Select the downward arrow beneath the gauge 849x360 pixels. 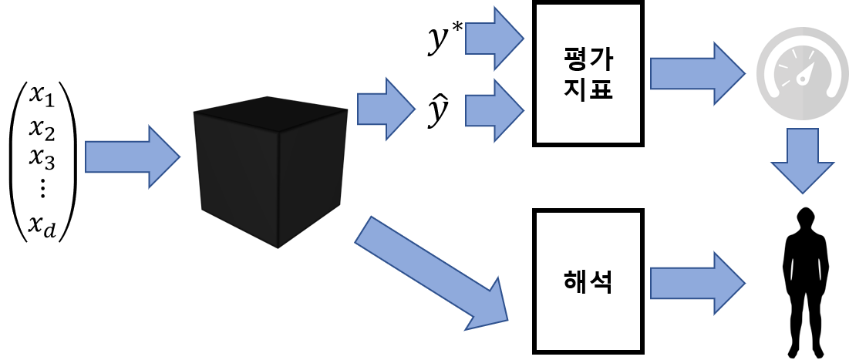pos(803,160)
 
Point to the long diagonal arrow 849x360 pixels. pos(432,274)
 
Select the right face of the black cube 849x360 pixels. pos(311,177)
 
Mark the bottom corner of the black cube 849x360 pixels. pos(278,247)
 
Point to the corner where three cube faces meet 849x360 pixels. pos(278,132)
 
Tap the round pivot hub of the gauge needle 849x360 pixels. pos(802,80)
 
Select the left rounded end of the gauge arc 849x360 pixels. pos(772,93)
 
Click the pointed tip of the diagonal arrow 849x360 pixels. pos(507,319)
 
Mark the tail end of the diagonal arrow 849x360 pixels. pos(363,229)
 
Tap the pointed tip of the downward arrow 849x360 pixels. pos(803,193)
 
